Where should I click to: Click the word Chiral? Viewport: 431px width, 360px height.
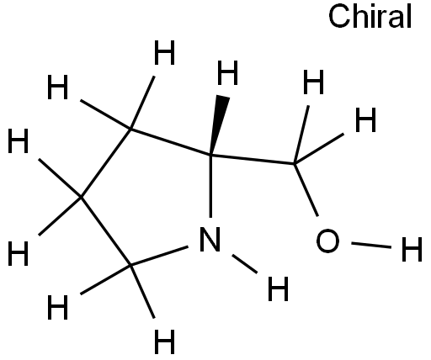tap(370, 16)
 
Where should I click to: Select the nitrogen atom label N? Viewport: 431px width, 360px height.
tap(210, 239)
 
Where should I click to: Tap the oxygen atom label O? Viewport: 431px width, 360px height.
tap(327, 241)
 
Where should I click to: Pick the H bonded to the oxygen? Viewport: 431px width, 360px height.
tap(412, 249)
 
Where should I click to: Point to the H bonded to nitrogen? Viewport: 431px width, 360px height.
tap(278, 289)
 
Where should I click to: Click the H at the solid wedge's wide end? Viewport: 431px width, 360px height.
tap(228, 72)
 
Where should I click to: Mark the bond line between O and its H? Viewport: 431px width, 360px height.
tap(371, 245)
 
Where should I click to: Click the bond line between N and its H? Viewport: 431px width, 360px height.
tap(245, 264)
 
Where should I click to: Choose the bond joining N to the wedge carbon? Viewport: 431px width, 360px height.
tap(210, 186)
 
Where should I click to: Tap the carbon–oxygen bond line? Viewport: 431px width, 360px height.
tap(306, 190)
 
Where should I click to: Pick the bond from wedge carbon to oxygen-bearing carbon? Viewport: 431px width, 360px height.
tap(253, 159)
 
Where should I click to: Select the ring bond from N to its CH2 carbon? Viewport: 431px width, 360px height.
tap(159, 256)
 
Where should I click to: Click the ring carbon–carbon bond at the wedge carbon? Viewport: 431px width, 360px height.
tap(170, 142)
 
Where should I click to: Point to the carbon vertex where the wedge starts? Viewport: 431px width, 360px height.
tap(210, 155)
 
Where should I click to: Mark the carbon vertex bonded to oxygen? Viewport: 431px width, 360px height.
tap(294, 163)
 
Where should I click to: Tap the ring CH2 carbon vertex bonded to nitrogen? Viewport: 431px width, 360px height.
tap(130, 264)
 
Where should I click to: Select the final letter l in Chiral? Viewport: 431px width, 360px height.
tap(409, 16)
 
